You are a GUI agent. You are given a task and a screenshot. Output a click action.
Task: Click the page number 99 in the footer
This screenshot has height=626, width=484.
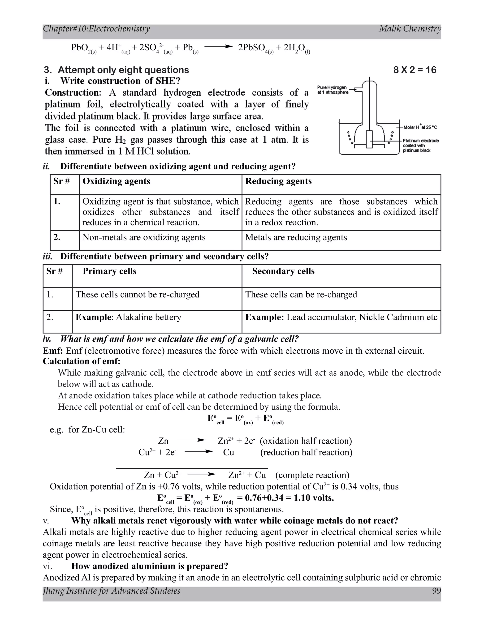point(436,591)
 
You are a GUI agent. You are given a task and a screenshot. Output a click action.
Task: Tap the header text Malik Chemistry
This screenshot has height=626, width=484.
point(410,29)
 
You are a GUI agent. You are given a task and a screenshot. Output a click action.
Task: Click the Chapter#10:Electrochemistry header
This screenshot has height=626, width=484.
point(96,29)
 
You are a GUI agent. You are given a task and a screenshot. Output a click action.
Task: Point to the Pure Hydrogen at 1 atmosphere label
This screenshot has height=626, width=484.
point(333,90)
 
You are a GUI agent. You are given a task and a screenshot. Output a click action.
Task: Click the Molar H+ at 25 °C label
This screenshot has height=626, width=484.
point(420,127)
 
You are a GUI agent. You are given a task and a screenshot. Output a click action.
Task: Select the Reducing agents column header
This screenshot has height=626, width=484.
point(278,181)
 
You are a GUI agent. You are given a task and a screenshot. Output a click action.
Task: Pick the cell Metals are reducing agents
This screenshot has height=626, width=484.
point(296,237)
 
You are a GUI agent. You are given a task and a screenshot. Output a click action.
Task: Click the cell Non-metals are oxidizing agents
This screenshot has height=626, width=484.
point(144,237)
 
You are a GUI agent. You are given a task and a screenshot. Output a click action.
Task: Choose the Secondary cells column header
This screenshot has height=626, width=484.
point(283,271)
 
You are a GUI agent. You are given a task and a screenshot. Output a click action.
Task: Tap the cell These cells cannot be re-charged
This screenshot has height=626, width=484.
point(137,294)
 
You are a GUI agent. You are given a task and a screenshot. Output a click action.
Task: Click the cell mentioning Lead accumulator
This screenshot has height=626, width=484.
point(341,317)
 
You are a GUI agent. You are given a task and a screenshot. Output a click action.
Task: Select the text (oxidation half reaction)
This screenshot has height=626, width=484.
point(306,441)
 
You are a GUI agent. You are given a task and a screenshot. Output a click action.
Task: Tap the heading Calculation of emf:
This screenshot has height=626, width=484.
point(82,361)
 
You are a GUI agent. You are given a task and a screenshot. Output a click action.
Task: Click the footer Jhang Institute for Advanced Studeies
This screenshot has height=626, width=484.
point(112,591)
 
